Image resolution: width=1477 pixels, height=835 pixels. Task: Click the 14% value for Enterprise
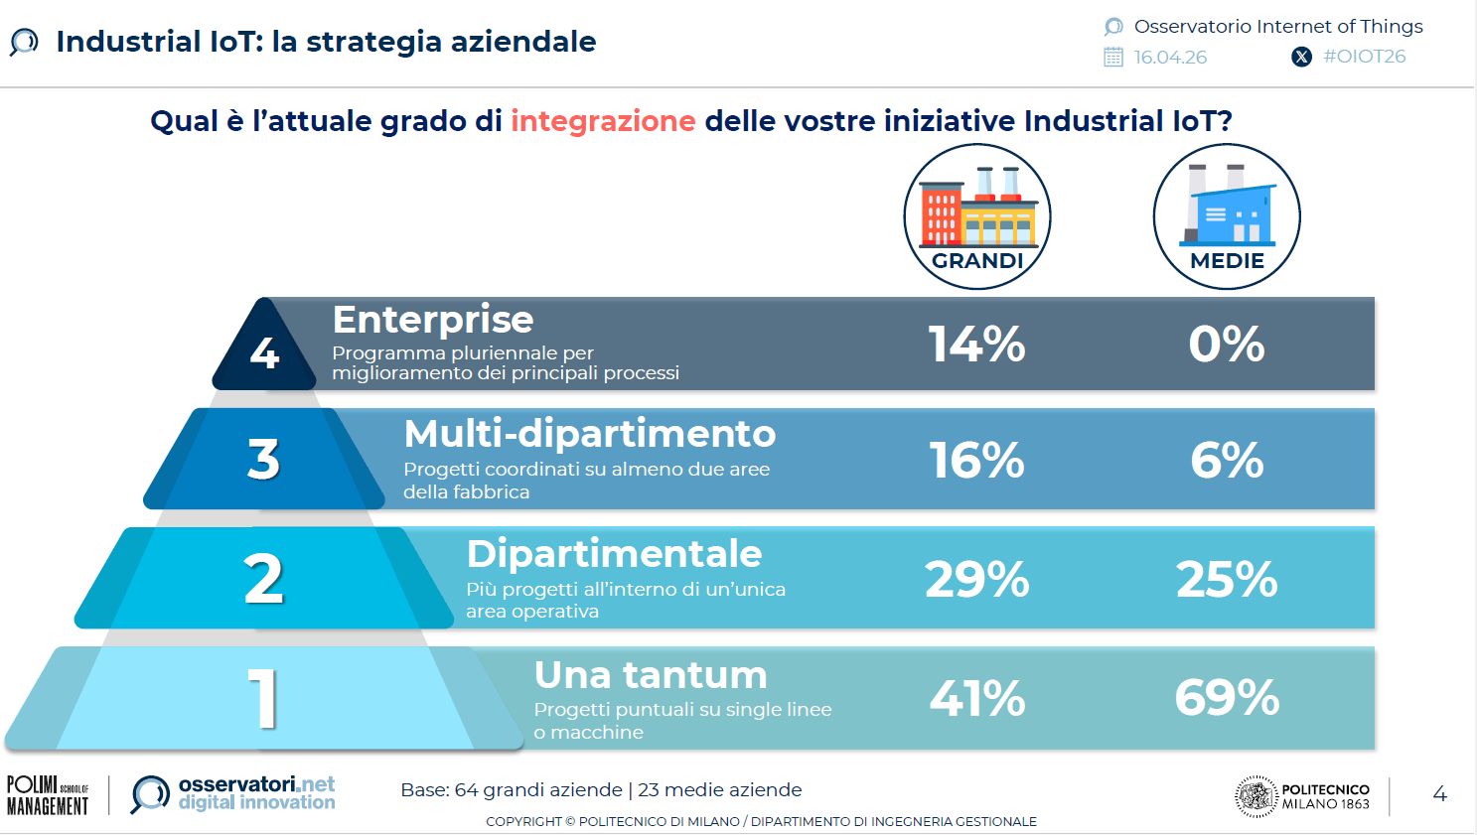click(976, 345)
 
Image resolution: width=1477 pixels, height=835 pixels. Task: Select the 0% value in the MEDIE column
click(1227, 345)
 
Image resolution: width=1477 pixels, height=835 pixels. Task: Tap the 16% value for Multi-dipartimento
click(976, 460)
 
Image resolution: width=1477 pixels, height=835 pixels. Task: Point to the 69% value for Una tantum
click(1227, 697)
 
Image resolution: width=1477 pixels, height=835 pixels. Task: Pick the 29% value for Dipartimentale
click(976, 579)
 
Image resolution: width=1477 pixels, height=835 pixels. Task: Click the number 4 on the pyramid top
click(264, 353)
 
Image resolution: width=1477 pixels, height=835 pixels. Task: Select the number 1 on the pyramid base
click(263, 698)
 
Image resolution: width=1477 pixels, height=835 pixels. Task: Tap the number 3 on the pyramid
click(263, 460)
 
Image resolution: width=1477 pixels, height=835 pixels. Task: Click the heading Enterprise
click(433, 320)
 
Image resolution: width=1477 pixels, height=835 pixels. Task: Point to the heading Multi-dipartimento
click(590, 434)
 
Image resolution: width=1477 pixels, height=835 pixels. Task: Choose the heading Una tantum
click(651, 675)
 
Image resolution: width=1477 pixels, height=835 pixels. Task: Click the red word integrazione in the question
click(603, 121)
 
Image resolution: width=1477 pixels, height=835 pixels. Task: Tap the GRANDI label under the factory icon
click(977, 261)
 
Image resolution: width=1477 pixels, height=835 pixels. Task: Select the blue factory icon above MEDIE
click(1227, 206)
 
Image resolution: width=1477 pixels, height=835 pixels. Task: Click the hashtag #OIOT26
click(1365, 57)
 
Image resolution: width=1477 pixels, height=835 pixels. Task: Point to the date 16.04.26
click(1170, 58)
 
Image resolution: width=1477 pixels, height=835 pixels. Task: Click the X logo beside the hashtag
click(1301, 57)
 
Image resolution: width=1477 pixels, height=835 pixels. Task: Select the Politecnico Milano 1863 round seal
click(1255, 796)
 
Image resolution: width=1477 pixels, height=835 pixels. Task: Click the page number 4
click(1439, 794)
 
